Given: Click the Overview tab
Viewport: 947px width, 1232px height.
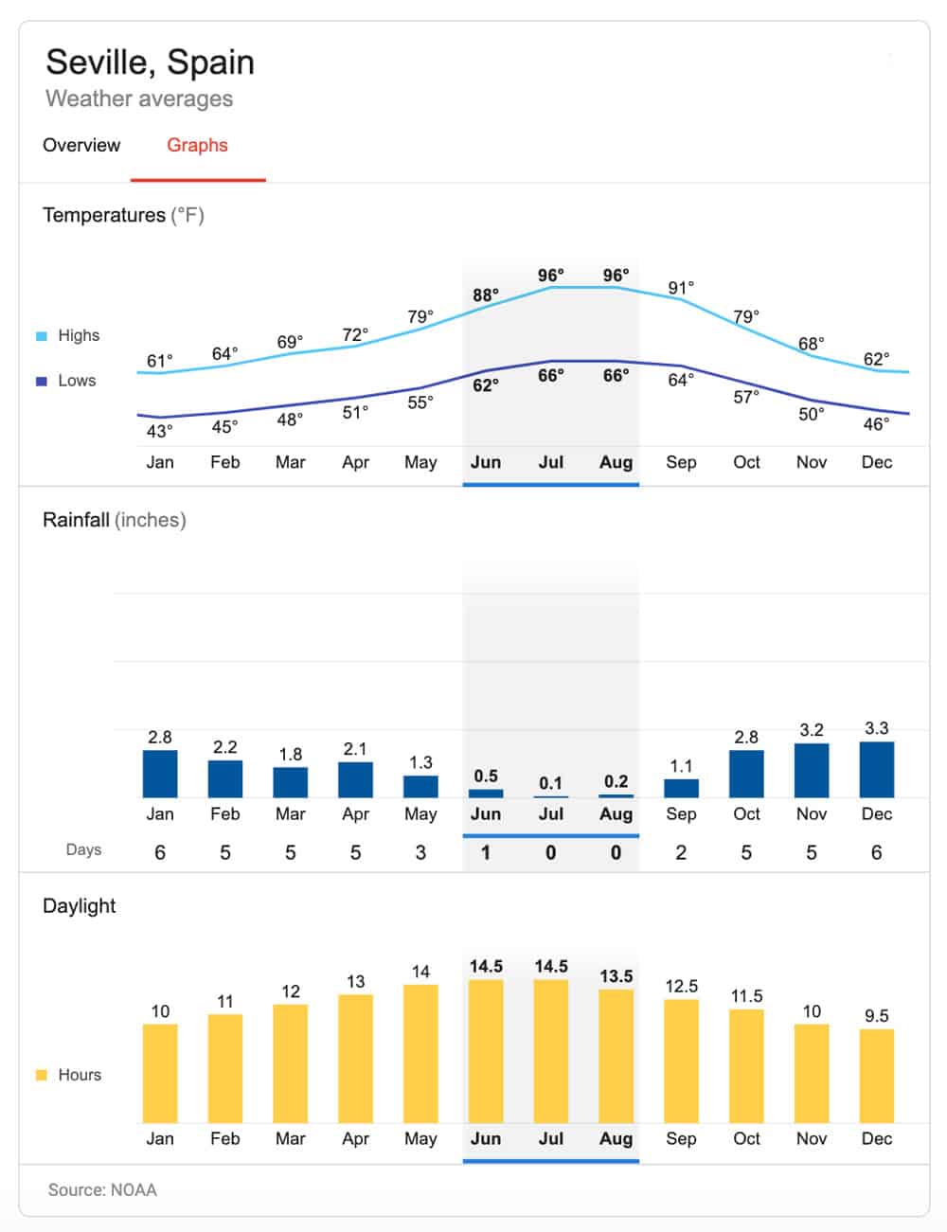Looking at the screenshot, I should tap(81, 145).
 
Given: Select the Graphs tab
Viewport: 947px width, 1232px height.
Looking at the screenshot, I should tap(197, 145).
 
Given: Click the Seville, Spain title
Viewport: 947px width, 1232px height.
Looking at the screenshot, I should tap(150, 62).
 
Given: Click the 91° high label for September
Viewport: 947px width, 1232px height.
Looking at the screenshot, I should tap(681, 288).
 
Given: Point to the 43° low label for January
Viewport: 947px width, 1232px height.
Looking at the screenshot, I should tap(160, 432).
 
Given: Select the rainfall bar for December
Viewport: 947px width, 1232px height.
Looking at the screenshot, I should tap(876, 769).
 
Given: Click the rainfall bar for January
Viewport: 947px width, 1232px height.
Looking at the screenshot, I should tap(160, 773).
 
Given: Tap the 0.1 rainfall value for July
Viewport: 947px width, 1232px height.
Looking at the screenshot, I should tap(550, 783).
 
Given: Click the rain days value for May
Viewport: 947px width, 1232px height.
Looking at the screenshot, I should tap(420, 852).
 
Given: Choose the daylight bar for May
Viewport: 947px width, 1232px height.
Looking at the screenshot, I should tap(420, 1053).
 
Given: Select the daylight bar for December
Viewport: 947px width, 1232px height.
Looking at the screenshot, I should tap(876, 1076).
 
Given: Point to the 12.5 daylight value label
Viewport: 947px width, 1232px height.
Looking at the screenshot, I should tap(681, 986).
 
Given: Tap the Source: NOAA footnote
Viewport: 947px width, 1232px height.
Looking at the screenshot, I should tap(102, 1189).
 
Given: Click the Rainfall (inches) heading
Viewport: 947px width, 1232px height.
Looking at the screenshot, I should tap(114, 520).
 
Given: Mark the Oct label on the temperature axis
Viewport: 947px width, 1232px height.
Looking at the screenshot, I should tap(746, 462).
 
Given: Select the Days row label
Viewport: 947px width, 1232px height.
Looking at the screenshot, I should tap(83, 849).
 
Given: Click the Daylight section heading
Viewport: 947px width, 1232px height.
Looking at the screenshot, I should tap(80, 905).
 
